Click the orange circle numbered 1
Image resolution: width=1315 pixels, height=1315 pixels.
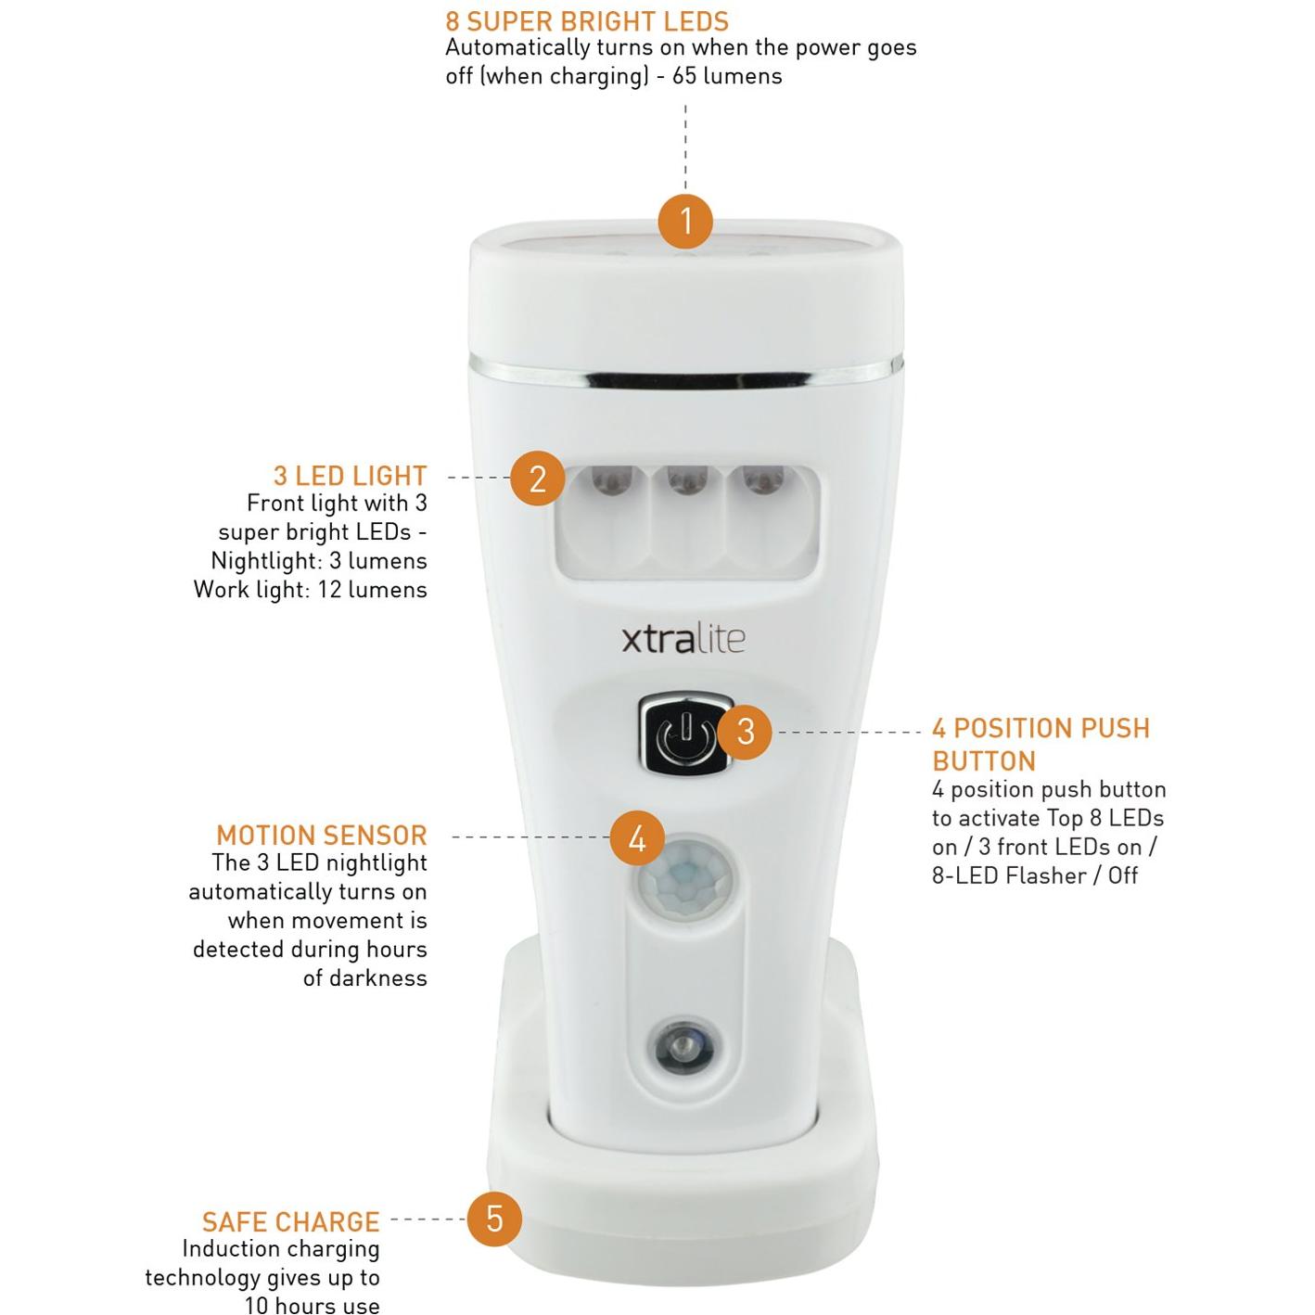coord(685,221)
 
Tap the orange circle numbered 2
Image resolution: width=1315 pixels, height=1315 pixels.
coord(538,479)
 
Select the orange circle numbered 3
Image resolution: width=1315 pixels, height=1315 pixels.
coord(745,732)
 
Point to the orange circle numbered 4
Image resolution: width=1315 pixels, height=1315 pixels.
coord(637,838)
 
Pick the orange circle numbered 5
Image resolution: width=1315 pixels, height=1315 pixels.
coord(494,1219)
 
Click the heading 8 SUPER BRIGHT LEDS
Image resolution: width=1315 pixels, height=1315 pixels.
coord(586,20)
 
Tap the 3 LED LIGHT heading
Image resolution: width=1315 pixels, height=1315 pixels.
coord(350,476)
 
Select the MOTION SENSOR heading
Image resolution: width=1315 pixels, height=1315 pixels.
coord(321,835)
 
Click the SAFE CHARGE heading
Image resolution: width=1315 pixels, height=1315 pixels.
coord(290,1221)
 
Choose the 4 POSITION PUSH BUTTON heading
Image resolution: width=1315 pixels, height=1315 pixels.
coord(1040,744)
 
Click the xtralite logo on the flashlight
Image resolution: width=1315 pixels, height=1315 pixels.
coord(683,639)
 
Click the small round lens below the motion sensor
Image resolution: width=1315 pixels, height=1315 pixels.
coord(683,1048)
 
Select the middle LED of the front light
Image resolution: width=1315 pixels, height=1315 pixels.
coord(687,483)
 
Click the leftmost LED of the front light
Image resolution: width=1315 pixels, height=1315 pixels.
coord(611,483)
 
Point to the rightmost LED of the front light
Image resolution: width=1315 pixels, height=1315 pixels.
coord(762,483)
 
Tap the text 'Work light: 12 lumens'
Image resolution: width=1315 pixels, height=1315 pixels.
coord(310,590)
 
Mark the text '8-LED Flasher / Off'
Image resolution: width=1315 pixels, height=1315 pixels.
coord(1034,875)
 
